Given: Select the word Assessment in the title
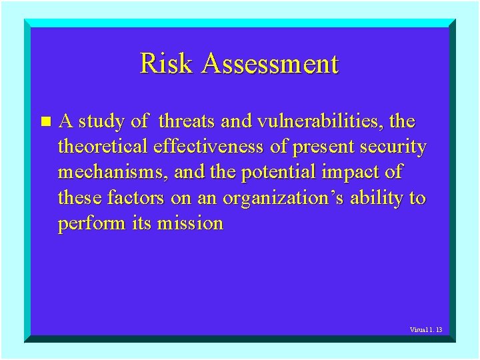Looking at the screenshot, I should click(270, 64).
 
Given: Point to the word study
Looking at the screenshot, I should click(102, 122).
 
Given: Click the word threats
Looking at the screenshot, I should click(187, 122).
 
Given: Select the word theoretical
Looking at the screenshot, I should click(103, 147).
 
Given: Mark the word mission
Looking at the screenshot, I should click(190, 223).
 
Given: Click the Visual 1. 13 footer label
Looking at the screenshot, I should click(427, 330).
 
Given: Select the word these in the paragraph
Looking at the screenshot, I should click(80, 198).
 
